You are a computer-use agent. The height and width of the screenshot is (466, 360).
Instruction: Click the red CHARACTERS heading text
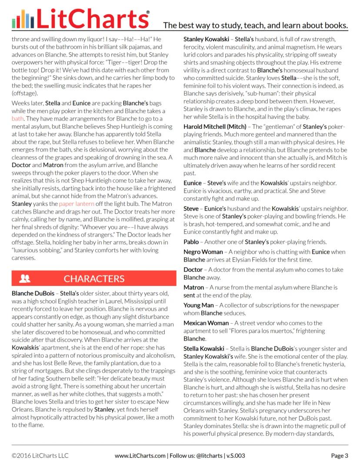94,278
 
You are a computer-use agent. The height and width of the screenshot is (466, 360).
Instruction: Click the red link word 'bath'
18,118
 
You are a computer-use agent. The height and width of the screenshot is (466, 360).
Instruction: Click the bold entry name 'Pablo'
191,241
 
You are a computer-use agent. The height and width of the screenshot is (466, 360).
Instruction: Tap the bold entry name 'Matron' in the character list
193,288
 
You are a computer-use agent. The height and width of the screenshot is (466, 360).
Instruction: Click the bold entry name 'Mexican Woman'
206,323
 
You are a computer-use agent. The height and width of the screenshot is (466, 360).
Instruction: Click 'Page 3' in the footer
340,456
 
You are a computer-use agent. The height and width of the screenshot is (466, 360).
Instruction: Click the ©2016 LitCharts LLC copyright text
40,456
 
